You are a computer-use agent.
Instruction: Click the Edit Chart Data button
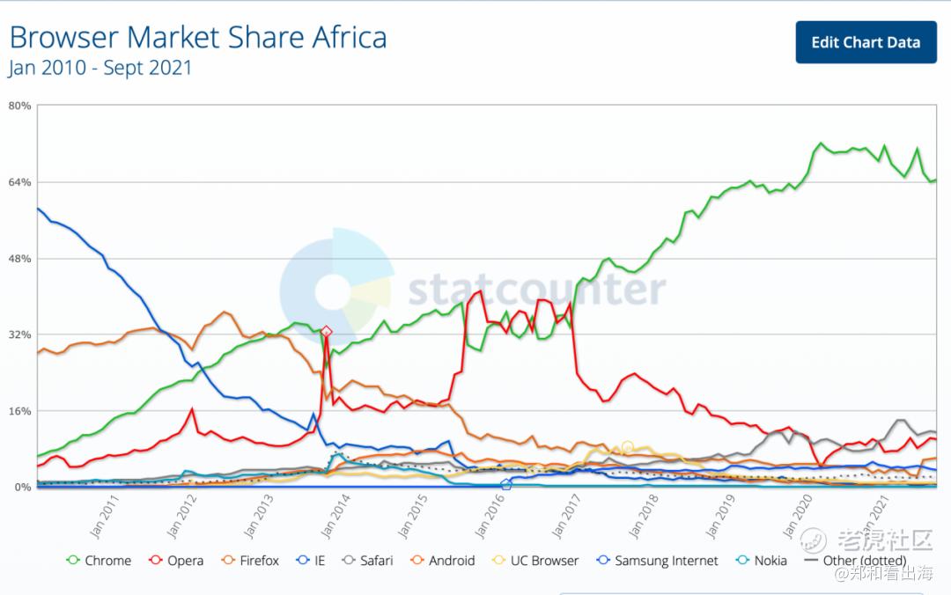click(x=866, y=42)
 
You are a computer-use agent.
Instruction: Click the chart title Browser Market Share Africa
click(x=197, y=38)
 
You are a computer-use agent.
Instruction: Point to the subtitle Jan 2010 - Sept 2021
click(x=100, y=68)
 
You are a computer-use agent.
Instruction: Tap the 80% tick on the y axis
click(x=20, y=106)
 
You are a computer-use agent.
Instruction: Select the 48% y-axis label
click(x=20, y=259)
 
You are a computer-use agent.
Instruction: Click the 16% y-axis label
click(x=20, y=411)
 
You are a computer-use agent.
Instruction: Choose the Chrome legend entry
click(x=99, y=561)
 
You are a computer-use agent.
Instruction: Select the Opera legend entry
click(x=177, y=561)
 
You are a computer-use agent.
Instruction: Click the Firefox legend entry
click(x=251, y=561)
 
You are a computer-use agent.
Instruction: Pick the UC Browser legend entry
click(x=536, y=561)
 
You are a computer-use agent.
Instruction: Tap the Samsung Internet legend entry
click(x=658, y=561)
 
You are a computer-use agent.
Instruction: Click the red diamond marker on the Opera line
click(x=327, y=332)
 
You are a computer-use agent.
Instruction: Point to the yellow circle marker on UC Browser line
click(x=627, y=447)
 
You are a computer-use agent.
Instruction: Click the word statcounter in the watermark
click(x=536, y=290)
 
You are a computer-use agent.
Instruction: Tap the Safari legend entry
click(x=368, y=561)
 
